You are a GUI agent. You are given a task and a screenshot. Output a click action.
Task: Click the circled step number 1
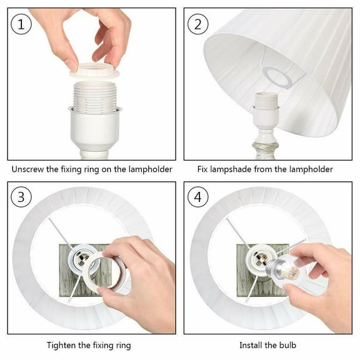pos(21,24)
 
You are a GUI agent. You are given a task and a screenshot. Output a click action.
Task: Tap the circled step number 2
pos(198,24)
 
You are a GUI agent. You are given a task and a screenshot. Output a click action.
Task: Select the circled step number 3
pos(21,197)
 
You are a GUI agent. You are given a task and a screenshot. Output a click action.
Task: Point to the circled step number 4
pos(198,197)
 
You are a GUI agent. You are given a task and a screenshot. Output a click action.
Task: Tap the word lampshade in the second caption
pos(231,169)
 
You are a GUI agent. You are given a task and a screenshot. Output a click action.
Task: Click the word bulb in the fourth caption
pos(287,345)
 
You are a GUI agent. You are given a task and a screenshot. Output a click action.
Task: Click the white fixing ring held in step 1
pos(94,71)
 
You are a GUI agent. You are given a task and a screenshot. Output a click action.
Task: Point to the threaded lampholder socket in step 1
pos(94,96)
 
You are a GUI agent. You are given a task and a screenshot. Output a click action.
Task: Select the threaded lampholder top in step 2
pos(266,99)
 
